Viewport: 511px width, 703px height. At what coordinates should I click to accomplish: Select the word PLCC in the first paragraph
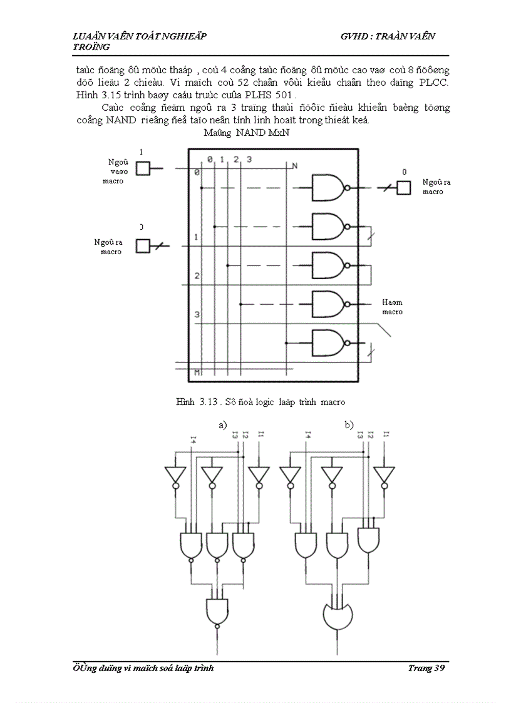coord(434,83)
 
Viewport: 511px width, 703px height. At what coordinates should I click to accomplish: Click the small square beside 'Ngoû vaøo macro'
coord(143,168)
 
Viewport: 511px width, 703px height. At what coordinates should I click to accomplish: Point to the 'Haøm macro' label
coord(393,307)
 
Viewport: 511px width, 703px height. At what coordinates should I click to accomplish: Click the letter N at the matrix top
coord(295,165)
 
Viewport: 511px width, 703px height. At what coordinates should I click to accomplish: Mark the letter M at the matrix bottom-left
coord(197,372)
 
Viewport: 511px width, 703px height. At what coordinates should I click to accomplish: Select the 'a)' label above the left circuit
coord(222,425)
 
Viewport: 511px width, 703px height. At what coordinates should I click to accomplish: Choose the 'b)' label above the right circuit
coord(349,425)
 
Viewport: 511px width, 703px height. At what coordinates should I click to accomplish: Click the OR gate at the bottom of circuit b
coord(338,617)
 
